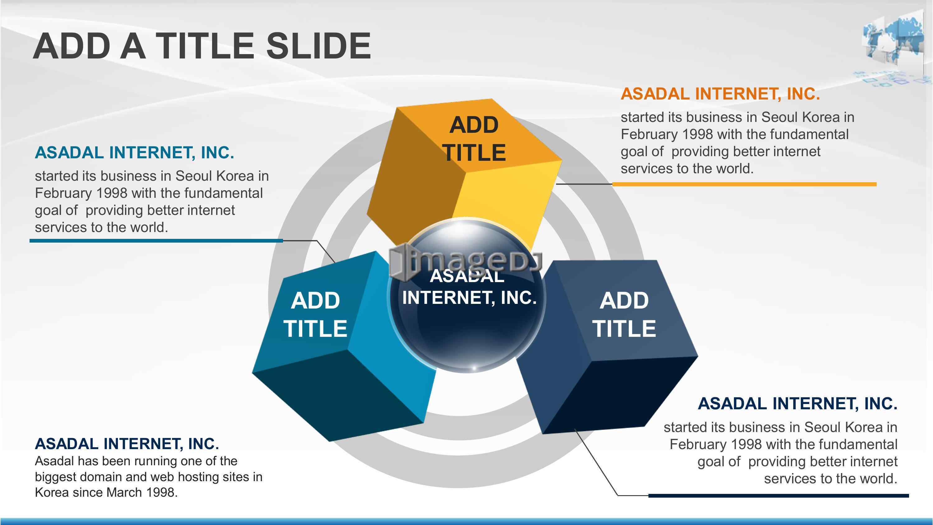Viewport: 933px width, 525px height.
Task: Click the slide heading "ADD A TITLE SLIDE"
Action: [x=202, y=46]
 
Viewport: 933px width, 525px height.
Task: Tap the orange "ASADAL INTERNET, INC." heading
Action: [x=720, y=94]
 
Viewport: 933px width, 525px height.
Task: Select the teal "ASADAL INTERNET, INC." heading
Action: [x=134, y=152]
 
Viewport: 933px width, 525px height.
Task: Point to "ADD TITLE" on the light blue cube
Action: [x=315, y=314]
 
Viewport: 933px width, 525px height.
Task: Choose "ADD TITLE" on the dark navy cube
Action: [x=624, y=314]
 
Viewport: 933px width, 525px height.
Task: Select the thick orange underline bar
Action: [x=744, y=184]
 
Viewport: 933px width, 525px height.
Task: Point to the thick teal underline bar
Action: [x=156, y=241]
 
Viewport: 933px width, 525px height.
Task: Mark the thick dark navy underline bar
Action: [x=779, y=495]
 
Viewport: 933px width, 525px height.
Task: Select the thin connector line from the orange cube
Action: [x=584, y=184]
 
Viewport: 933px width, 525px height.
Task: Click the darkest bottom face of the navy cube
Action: [x=616, y=395]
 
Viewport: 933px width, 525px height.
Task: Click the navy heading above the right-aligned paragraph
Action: [x=797, y=404]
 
